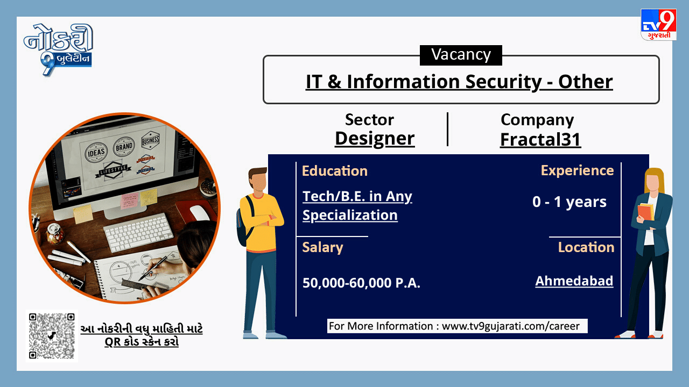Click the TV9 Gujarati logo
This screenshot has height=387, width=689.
pos(658,25)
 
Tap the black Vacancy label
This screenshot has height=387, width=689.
pos(461,55)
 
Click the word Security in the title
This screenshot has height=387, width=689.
pos(503,82)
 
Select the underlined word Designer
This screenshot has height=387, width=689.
pos(375,139)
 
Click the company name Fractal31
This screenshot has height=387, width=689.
pos(540,139)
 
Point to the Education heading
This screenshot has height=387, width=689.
pos(335,171)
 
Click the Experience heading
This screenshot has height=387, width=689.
pos(578,170)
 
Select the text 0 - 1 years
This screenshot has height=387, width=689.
pos(570,202)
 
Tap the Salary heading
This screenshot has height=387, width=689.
pos(322,247)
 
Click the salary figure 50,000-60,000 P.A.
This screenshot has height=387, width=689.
pos(361,283)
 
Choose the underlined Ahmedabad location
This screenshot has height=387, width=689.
pos(574,281)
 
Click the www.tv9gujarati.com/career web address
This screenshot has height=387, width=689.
pos(511,326)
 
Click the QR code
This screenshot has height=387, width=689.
pos(52,336)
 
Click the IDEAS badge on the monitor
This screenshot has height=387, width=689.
pos(96,152)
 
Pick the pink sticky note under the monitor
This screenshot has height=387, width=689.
pos(129,200)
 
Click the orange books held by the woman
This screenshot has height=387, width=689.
pos(645,212)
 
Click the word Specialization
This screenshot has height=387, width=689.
pos(350,216)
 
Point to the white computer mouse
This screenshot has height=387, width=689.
pos(199,213)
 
